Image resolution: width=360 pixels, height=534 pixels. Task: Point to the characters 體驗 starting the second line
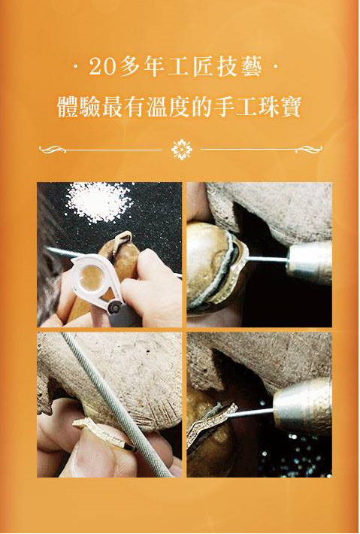[x=79, y=107]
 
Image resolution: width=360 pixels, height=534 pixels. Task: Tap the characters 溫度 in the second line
[x=168, y=107]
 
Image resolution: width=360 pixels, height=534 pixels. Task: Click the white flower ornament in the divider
[x=182, y=150]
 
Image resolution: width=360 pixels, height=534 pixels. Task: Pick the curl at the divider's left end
[x=52, y=149]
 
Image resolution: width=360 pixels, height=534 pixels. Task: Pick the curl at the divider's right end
[x=309, y=149]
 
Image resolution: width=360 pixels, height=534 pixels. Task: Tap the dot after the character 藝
[x=276, y=67]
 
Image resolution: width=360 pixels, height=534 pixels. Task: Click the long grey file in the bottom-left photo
[x=116, y=405]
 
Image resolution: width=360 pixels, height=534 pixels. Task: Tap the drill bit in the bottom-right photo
[x=250, y=413]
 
